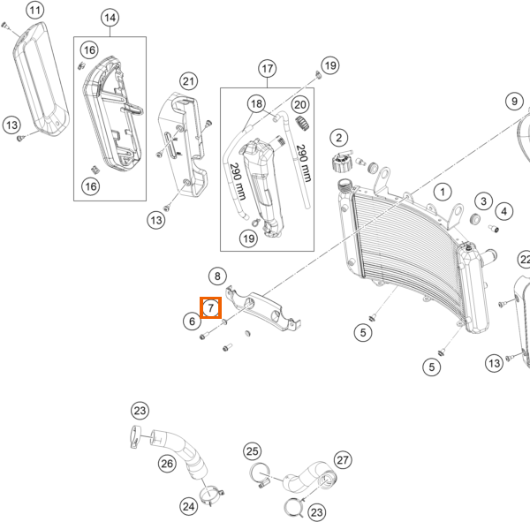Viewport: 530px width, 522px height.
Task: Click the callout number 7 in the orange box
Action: tap(210, 307)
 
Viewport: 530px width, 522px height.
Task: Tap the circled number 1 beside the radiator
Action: tap(443, 192)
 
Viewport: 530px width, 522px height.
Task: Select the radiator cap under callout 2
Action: tap(342, 161)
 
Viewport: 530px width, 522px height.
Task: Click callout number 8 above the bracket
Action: tap(217, 276)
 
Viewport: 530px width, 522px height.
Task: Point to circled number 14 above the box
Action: tap(110, 18)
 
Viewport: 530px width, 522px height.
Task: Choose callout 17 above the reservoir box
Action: tap(268, 69)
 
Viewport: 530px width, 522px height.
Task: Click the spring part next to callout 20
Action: tap(303, 123)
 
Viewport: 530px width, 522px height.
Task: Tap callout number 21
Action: tap(189, 81)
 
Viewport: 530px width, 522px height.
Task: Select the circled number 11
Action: tap(35, 10)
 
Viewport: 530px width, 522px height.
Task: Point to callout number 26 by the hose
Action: tap(167, 464)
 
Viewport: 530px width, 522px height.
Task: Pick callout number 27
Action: tap(343, 460)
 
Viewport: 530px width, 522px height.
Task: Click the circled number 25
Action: tap(252, 451)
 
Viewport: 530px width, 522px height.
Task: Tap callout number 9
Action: tap(514, 101)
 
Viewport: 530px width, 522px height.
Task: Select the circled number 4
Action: tap(504, 211)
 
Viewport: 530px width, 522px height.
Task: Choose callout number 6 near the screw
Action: tap(192, 321)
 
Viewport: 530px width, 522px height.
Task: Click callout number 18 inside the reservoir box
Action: tap(256, 104)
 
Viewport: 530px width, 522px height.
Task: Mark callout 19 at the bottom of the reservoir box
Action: tap(249, 238)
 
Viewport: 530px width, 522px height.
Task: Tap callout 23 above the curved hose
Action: tap(140, 411)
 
